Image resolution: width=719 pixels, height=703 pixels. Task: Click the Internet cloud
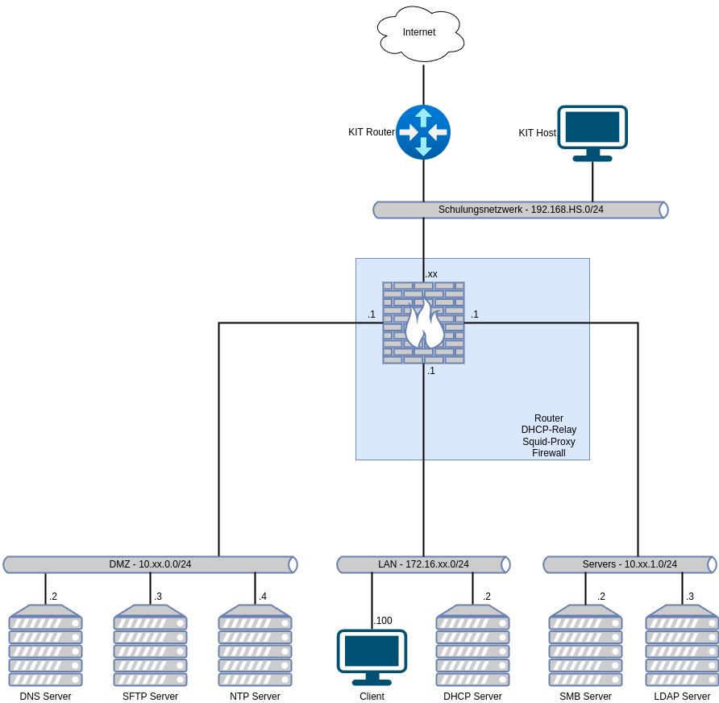[420, 33]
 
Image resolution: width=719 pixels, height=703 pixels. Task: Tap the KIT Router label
[371, 132]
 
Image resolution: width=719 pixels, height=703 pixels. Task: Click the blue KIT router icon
[423, 132]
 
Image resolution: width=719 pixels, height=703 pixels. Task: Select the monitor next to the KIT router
[592, 132]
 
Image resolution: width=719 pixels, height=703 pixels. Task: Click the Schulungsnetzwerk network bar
[521, 210]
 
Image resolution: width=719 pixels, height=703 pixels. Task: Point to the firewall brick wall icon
[423, 322]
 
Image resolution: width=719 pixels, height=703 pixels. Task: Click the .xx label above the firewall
[432, 274]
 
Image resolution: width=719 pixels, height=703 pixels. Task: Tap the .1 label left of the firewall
[372, 314]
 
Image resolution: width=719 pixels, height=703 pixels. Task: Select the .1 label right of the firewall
[475, 314]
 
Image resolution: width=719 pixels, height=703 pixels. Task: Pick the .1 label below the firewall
[431, 371]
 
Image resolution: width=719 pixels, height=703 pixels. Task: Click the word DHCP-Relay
[549, 430]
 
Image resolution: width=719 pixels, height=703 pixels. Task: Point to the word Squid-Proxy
[549, 442]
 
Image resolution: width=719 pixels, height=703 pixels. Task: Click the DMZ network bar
[150, 564]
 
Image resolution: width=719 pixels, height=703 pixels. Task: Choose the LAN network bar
[423, 564]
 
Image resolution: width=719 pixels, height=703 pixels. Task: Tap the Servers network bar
[630, 564]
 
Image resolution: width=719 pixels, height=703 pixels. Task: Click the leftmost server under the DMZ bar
[45, 645]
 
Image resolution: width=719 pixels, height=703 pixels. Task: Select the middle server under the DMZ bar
[150, 645]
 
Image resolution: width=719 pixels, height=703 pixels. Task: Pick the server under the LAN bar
[472, 645]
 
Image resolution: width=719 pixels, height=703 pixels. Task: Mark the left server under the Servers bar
[585, 645]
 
